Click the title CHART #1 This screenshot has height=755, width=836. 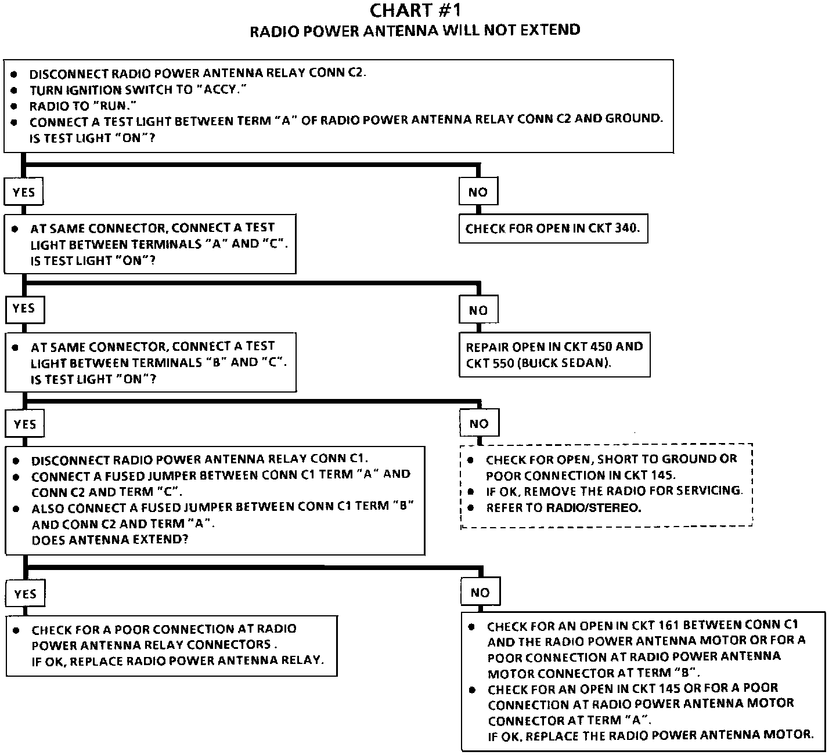coord(415,11)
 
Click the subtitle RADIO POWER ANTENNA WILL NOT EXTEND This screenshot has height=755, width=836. coord(415,30)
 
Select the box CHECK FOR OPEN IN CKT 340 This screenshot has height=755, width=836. coord(553,228)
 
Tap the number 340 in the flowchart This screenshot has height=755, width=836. coord(626,228)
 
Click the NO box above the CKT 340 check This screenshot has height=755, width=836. coord(478,192)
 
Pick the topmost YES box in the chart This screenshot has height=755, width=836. coord(24,192)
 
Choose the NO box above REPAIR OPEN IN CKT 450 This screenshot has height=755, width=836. coord(478,310)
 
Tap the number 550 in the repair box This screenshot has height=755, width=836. coord(501,363)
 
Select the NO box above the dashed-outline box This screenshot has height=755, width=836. coord(479,424)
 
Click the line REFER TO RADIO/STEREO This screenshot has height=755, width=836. coord(563,507)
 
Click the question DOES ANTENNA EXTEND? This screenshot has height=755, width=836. coord(110,539)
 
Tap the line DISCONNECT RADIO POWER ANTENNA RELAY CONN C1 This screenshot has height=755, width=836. coord(199,460)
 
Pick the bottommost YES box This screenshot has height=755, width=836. coord(25,594)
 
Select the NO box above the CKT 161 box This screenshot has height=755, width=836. coord(480,593)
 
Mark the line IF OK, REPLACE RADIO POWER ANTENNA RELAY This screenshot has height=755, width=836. coord(178,660)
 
